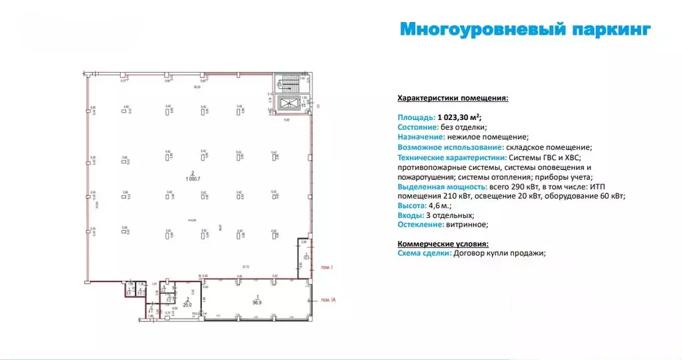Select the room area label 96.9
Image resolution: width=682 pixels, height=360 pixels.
tap(257, 301)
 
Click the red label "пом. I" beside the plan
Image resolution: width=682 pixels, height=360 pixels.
tap(326, 267)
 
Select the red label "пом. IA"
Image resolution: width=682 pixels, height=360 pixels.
tap(327, 301)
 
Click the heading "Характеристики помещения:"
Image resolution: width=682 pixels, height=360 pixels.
tap(453, 98)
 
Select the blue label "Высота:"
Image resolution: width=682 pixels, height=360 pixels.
tap(411, 206)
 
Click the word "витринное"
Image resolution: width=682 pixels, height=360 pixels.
tap(465, 225)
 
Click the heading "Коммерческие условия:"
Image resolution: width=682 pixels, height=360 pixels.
tap(443, 244)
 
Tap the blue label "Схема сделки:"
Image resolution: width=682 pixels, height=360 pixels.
tap(424, 253)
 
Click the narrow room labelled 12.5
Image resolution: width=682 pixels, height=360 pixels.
tap(306, 257)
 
